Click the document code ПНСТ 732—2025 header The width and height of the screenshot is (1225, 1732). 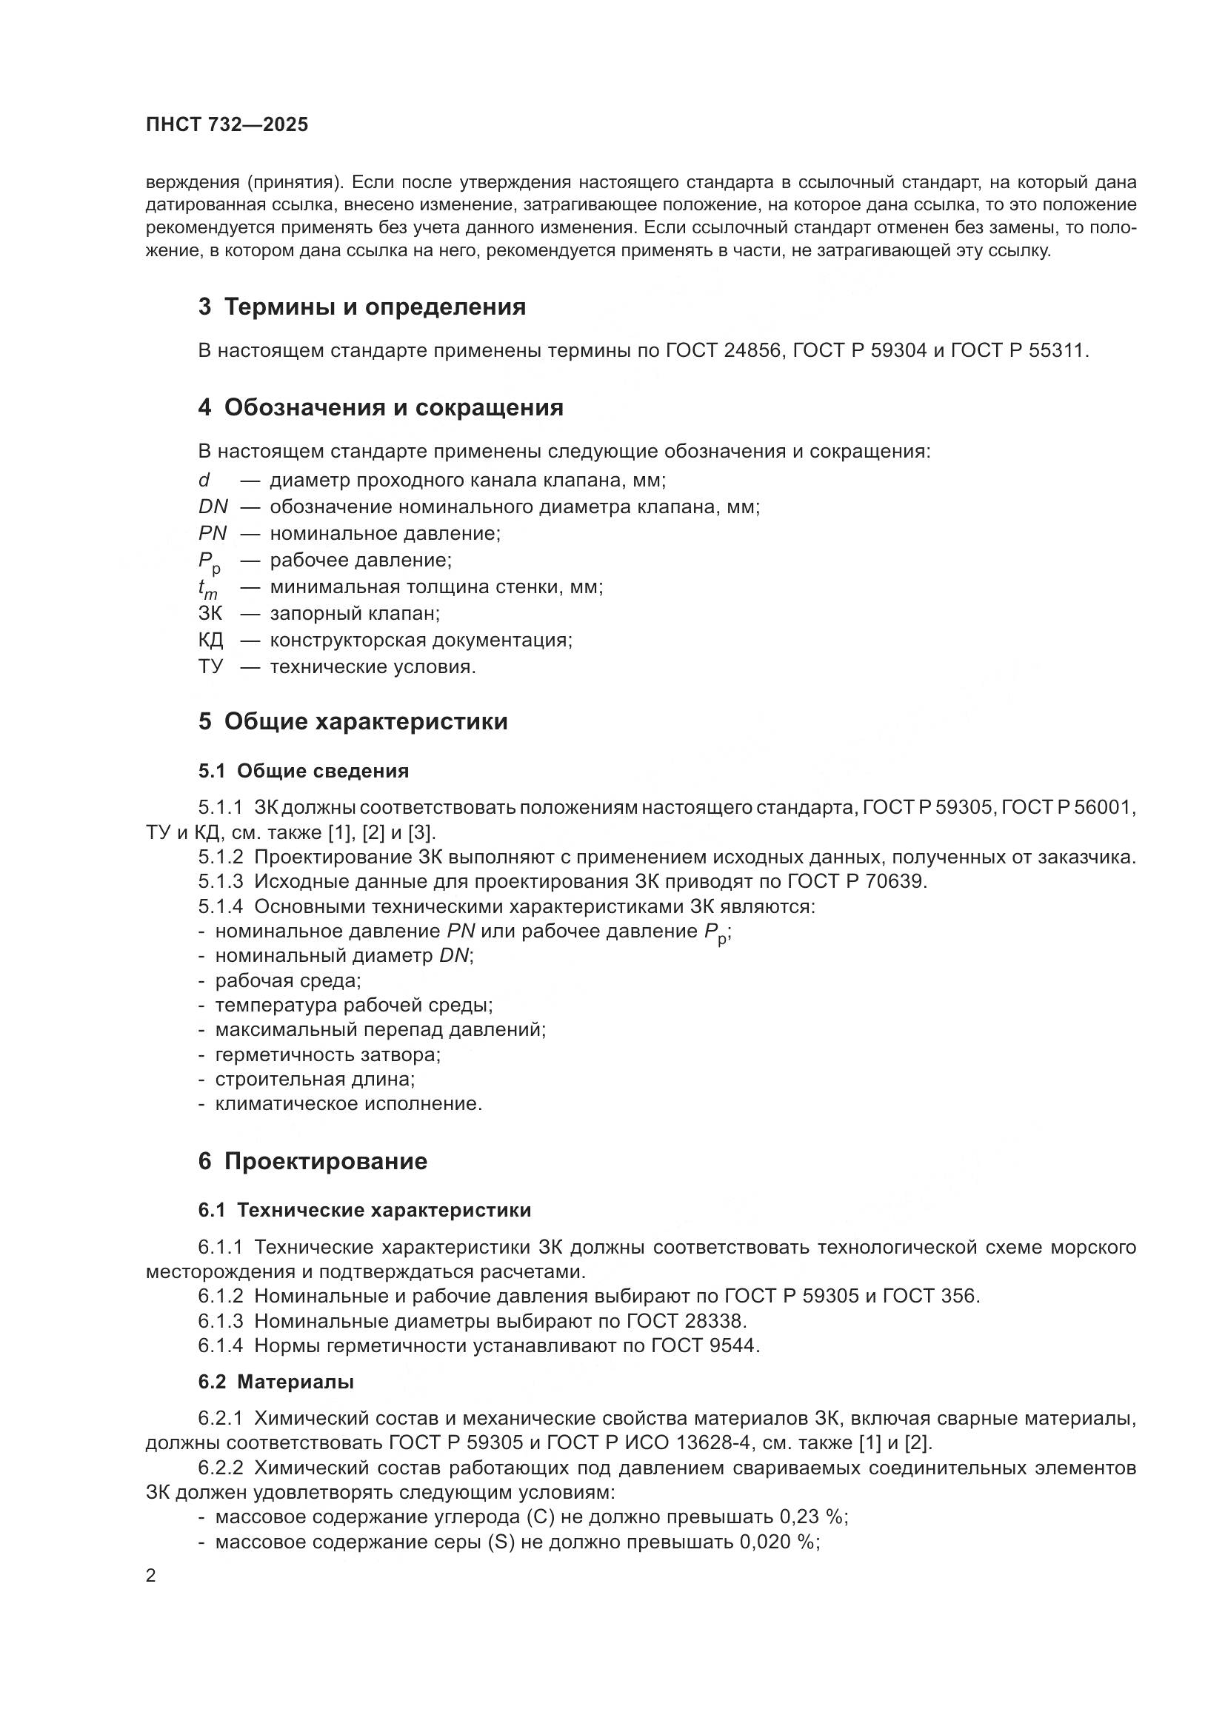(x=227, y=125)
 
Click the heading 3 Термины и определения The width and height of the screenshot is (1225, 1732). (x=362, y=307)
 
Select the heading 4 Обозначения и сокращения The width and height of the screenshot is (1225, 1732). (x=381, y=408)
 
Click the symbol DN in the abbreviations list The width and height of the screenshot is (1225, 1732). (x=213, y=507)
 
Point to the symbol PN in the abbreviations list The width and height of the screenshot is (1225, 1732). (x=213, y=533)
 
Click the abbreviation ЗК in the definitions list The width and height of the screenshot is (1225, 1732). (x=210, y=613)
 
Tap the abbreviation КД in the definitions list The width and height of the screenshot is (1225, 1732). (x=210, y=641)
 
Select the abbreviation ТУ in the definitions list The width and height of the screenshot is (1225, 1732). (x=210, y=667)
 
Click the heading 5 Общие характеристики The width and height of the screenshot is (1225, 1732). (x=353, y=722)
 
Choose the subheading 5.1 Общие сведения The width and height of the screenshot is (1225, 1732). (x=303, y=771)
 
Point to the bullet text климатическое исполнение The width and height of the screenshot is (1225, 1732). (x=349, y=1103)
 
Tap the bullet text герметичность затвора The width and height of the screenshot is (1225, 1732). (x=328, y=1054)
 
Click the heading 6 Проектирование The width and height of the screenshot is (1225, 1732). (x=313, y=1161)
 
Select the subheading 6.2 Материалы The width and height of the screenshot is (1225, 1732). (x=276, y=1382)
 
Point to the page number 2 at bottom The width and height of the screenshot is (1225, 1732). (x=151, y=1576)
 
